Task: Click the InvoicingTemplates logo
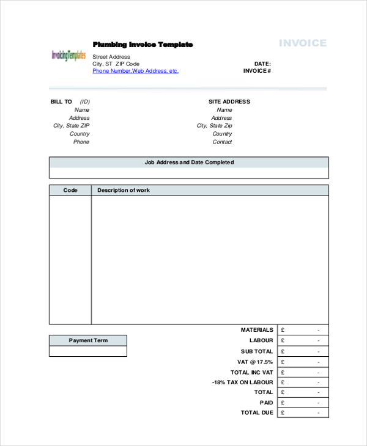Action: [x=69, y=55]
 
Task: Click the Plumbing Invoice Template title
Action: [x=143, y=45]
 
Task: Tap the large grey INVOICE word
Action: [x=303, y=43]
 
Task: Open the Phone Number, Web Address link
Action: [x=135, y=71]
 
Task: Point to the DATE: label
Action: [x=262, y=64]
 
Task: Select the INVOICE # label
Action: [x=257, y=71]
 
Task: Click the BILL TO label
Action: [x=61, y=102]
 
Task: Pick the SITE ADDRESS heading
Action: [x=229, y=102]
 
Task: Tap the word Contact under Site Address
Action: [x=222, y=142]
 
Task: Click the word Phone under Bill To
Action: [x=81, y=142]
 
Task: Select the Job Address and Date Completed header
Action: [x=189, y=163]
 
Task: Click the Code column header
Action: [x=70, y=191]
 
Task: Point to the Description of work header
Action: [x=124, y=191]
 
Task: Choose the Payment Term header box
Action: [x=88, y=340]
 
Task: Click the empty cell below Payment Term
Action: [x=88, y=351]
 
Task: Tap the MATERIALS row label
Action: [x=257, y=330]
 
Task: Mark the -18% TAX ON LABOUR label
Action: [x=243, y=382]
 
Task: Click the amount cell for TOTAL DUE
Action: [x=303, y=413]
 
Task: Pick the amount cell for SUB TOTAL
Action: [x=303, y=351]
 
